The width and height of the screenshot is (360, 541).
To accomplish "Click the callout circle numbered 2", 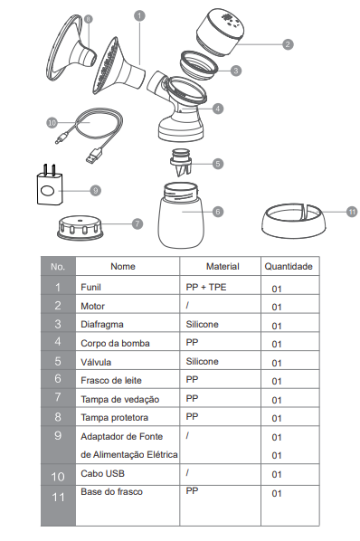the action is [x=288, y=44].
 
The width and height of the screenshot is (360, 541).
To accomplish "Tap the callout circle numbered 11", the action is [x=352, y=212].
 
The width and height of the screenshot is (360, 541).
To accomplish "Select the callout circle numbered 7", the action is [x=137, y=223].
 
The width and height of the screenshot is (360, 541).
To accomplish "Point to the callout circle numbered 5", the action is [x=218, y=164].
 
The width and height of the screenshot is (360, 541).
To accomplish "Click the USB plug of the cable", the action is [x=94, y=156].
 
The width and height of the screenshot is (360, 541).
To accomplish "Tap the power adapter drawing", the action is [x=50, y=185].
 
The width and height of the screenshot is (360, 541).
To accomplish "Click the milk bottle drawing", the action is [x=181, y=215].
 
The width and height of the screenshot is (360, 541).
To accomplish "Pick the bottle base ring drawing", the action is [x=293, y=222].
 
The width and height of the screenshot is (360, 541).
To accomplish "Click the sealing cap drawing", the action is [x=81, y=228].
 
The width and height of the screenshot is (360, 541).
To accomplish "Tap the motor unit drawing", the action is [x=221, y=31].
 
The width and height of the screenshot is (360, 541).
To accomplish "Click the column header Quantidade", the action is [x=289, y=266].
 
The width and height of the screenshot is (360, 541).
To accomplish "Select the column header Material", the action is [x=223, y=266].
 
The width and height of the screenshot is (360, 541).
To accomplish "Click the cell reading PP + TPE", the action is [x=206, y=287].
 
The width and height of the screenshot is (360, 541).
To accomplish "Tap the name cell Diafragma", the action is [x=101, y=324].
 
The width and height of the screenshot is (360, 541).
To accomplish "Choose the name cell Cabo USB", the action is [x=102, y=473].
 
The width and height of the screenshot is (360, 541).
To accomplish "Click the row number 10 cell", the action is [x=58, y=477].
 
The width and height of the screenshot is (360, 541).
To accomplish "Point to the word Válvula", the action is [x=96, y=362].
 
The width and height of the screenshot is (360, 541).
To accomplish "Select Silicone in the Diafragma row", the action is [x=202, y=324].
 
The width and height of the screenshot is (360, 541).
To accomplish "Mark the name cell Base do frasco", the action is [x=111, y=491].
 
